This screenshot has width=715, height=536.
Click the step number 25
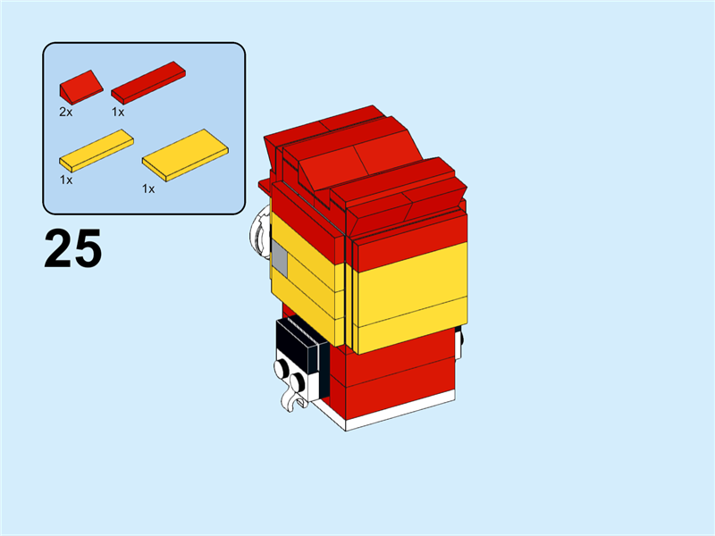(x=73, y=248)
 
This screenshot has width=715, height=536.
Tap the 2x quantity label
(x=65, y=112)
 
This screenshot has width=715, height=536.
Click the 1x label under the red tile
(x=118, y=112)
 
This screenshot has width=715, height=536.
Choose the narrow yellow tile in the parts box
(x=97, y=150)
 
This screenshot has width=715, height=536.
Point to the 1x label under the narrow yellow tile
(x=66, y=180)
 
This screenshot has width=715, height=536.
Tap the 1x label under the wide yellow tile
(x=148, y=188)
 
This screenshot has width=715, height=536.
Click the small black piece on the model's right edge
(x=459, y=344)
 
